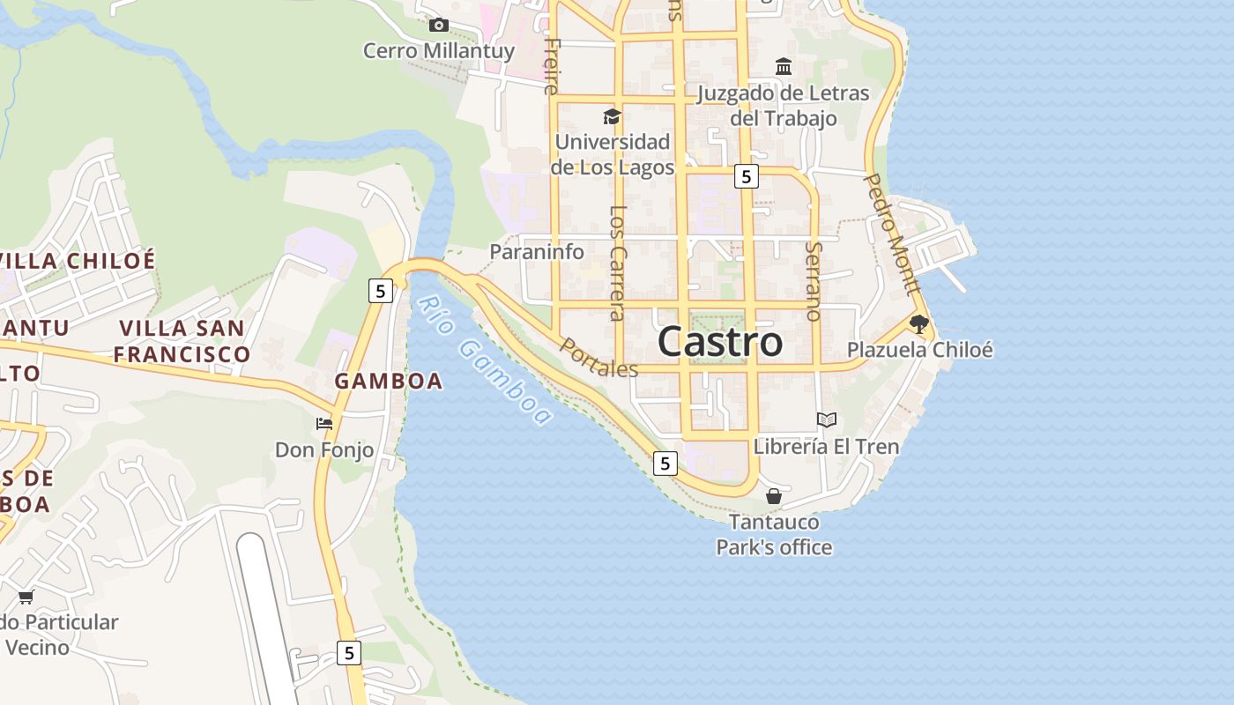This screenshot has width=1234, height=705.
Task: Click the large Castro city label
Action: [x=720, y=342]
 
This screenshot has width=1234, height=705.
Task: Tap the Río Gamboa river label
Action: [x=484, y=360]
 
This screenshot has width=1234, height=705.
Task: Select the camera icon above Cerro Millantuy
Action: [x=438, y=25]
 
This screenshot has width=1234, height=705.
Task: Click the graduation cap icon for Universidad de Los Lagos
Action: [x=612, y=116]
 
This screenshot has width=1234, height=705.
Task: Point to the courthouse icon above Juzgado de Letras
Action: [x=784, y=67]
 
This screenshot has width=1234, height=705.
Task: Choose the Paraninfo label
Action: [x=537, y=252]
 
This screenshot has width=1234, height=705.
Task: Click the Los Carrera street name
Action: [x=617, y=262]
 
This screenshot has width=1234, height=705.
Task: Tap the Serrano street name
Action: [x=814, y=280]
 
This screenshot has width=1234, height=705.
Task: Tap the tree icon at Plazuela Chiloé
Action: [x=919, y=324]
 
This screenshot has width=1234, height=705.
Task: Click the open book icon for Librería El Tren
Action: [x=826, y=420]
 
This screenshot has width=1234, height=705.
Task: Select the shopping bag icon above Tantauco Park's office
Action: [x=774, y=497]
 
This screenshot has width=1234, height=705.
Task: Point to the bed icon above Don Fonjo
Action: [x=324, y=424]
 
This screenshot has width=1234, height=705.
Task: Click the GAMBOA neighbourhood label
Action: [x=389, y=381]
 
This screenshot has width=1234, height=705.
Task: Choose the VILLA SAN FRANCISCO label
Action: [x=182, y=341]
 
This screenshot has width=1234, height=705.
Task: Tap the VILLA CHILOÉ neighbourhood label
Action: [x=78, y=261]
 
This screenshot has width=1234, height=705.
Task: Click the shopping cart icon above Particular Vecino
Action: [x=26, y=597]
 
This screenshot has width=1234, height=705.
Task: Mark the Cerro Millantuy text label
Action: [x=438, y=51]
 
